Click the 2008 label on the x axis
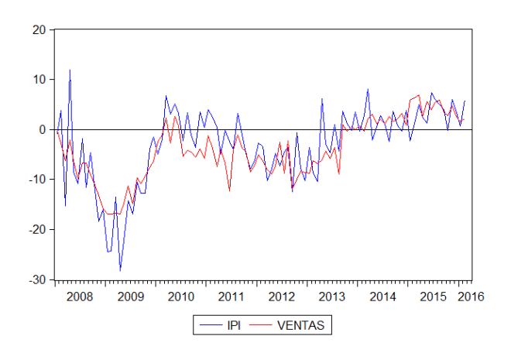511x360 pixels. (80, 296)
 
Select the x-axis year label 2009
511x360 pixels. (130, 296)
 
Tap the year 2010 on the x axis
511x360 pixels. (180, 296)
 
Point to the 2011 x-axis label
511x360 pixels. (231, 296)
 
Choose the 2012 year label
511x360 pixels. (281, 296)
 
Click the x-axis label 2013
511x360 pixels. (331, 296)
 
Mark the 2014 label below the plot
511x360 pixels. (382, 296)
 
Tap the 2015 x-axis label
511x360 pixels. (432, 296)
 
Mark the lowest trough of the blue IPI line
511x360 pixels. (120, 270)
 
